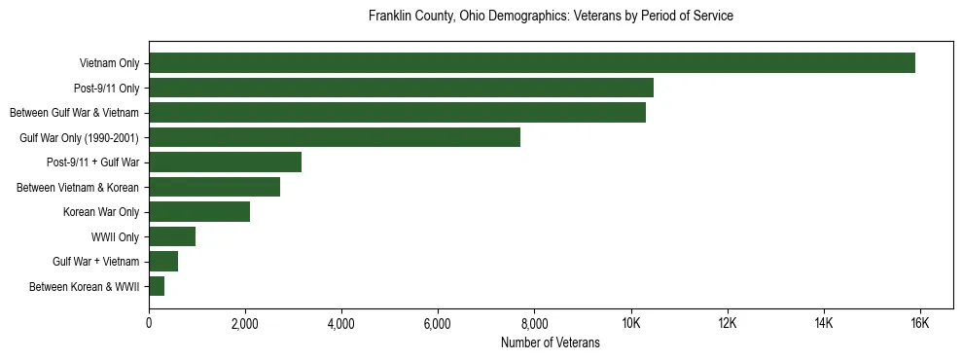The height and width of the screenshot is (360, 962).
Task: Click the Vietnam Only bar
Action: tap(532, 63)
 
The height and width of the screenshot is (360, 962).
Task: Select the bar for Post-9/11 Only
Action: tap(401, 88)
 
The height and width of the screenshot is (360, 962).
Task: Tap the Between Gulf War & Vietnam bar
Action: tap(397, 113)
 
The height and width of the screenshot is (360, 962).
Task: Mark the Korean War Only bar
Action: tap(199, 212)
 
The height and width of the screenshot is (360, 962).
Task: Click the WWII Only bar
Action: tap(172, 236)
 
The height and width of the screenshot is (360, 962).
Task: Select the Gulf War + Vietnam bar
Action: tap(163, 262)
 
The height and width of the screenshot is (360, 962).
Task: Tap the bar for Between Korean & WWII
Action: tap(157, 286)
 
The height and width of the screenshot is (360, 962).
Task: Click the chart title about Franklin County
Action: tap(551, 17)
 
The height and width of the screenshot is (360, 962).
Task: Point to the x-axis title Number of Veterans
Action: tap(551, 342)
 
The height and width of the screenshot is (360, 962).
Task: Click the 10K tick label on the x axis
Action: tap(630, 323)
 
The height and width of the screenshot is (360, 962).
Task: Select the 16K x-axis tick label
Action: tap(919, 323)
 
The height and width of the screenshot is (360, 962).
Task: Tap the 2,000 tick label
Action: tap(245, 323)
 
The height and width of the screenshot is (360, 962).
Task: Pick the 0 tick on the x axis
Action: tap(149, 323)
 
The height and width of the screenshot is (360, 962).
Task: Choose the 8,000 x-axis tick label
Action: tap(534, 323)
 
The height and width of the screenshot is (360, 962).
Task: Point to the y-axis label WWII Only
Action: tap(115, 236)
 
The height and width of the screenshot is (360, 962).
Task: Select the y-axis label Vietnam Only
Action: tap(109, 63)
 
